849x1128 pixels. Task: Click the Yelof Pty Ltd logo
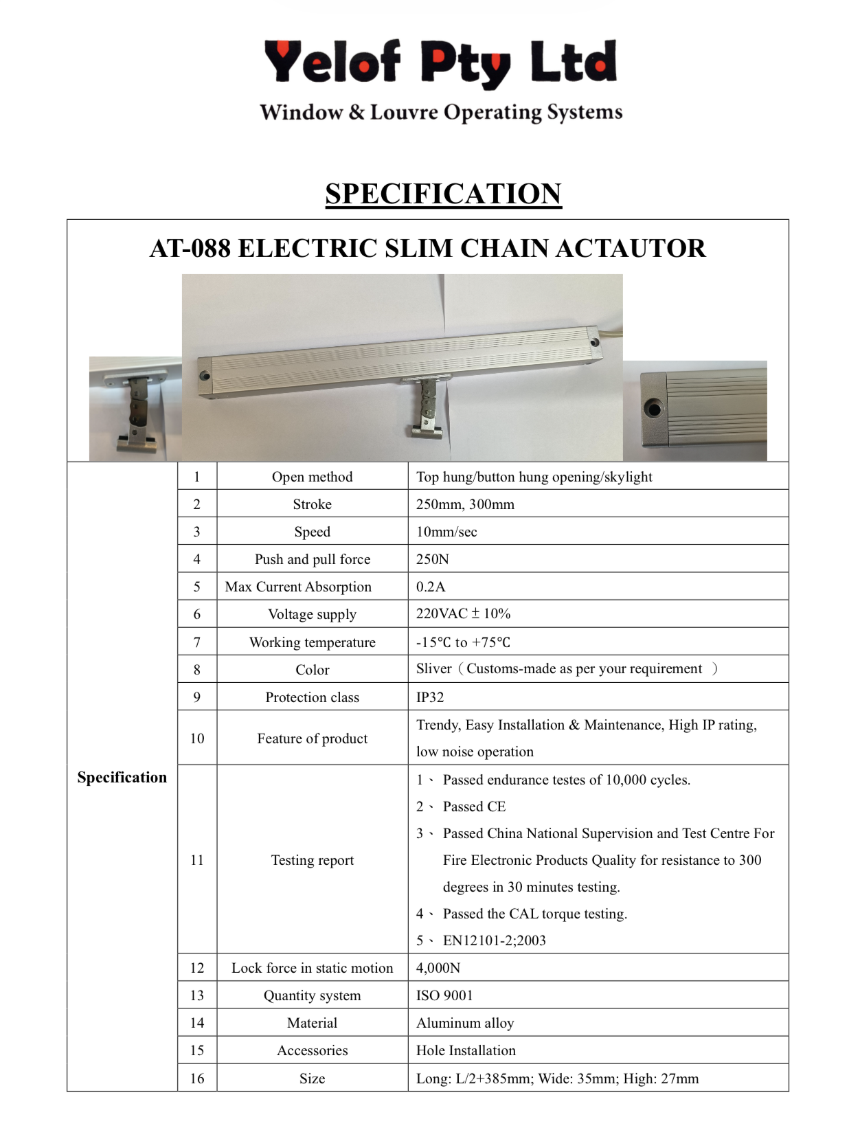coord(440,63)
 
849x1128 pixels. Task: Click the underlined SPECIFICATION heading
coord(443,194)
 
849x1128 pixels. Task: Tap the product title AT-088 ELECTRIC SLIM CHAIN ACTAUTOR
coord(427,248)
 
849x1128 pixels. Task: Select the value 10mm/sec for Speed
coord(446,532)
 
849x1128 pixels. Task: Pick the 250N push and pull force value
coord(433,559)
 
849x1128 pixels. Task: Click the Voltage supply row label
coord(312,614)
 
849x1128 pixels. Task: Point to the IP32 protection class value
coord(430,697)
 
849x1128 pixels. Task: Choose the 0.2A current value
coord(431,587)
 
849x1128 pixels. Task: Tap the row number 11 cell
coord(197,860)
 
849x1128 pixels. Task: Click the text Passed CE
coord(474,806)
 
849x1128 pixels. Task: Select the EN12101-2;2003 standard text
coord(494,940)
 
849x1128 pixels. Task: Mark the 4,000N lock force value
coord(438,968)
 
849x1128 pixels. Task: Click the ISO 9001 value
coord(444,995)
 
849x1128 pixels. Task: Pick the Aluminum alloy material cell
coord(465,1023)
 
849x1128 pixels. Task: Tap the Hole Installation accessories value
coord(466,1050)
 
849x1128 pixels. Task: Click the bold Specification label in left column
coord(122,777)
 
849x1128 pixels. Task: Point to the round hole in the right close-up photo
coord(654,409)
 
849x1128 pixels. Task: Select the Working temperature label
coord(312,642)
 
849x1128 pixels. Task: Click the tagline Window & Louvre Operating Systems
coord(441,112)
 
